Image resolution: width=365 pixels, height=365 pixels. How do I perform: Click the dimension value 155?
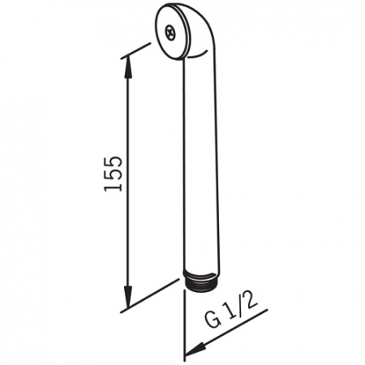[113, 174]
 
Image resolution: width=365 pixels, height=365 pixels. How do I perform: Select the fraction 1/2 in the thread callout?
[241, 306]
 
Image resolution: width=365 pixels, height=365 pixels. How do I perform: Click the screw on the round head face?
[170, 32]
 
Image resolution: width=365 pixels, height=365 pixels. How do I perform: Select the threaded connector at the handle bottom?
[201, 281]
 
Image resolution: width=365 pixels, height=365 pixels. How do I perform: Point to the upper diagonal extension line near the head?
[135, 50]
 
